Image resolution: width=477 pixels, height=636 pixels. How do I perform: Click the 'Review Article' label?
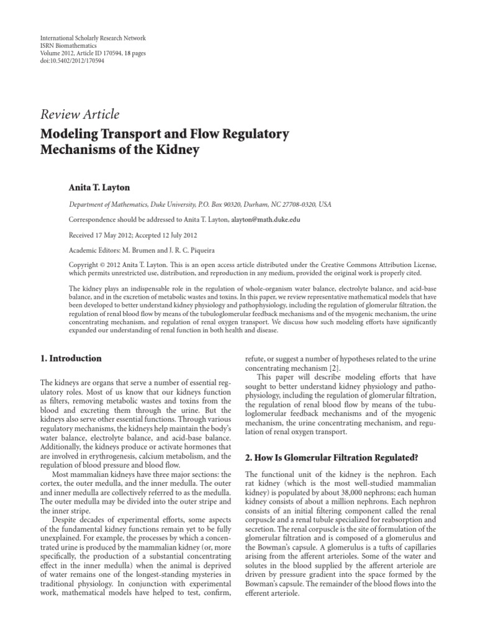pyautogui.click(x=79, y=114)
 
